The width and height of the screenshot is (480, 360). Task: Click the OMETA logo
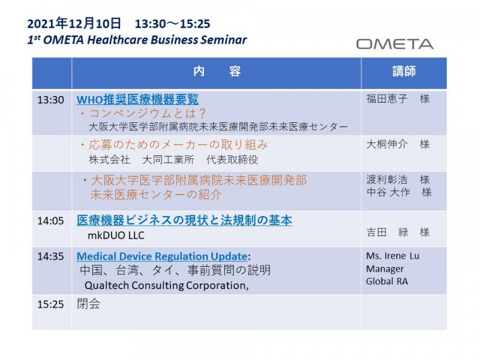pyautogui.click(x=395, y=44)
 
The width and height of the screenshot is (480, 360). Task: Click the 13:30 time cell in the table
pyautogui.click(x=50, y=100)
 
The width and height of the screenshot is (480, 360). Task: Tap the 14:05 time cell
pyautogui.click(x=50, y=221)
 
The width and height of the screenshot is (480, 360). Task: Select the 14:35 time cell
pyautogui.click(x=50, y=256)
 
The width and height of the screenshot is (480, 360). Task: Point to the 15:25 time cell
pyautogui.click(x=50, y=304)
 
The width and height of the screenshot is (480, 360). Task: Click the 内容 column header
pyautogui.click(x=217, y=71)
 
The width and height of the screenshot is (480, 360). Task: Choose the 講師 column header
pyautogui.click(x=404, y=71)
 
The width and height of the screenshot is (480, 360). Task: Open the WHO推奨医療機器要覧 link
pyautogui.click(x=137, y=99)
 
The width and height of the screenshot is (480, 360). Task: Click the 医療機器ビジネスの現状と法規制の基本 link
pyautogui.click(x=184, y=220)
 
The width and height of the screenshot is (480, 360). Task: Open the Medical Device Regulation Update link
pyautogui.click(x=162, y=256)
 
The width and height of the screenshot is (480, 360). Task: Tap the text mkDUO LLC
pyautogui.click(x=116, y=235)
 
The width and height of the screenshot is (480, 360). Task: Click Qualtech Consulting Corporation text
pyautogui.click(x=167, y=286)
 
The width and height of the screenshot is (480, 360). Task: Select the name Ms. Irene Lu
pyautogui.click(x=393, y=256)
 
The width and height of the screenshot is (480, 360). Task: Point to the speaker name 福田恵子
pyautogui.click(x=387, y=98)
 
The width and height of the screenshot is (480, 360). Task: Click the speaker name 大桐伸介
pyautogui.click(x=387, y=144)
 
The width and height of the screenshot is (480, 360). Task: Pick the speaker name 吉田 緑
pyautogui.click(x=387, y=232)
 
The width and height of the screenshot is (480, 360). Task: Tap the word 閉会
pyautogui.click(x=88, y=304)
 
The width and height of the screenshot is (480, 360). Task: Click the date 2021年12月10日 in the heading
pyautogui.click(x=74, y=23)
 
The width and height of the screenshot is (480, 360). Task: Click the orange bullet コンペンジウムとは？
pyautogui.click(x=143, y=113)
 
